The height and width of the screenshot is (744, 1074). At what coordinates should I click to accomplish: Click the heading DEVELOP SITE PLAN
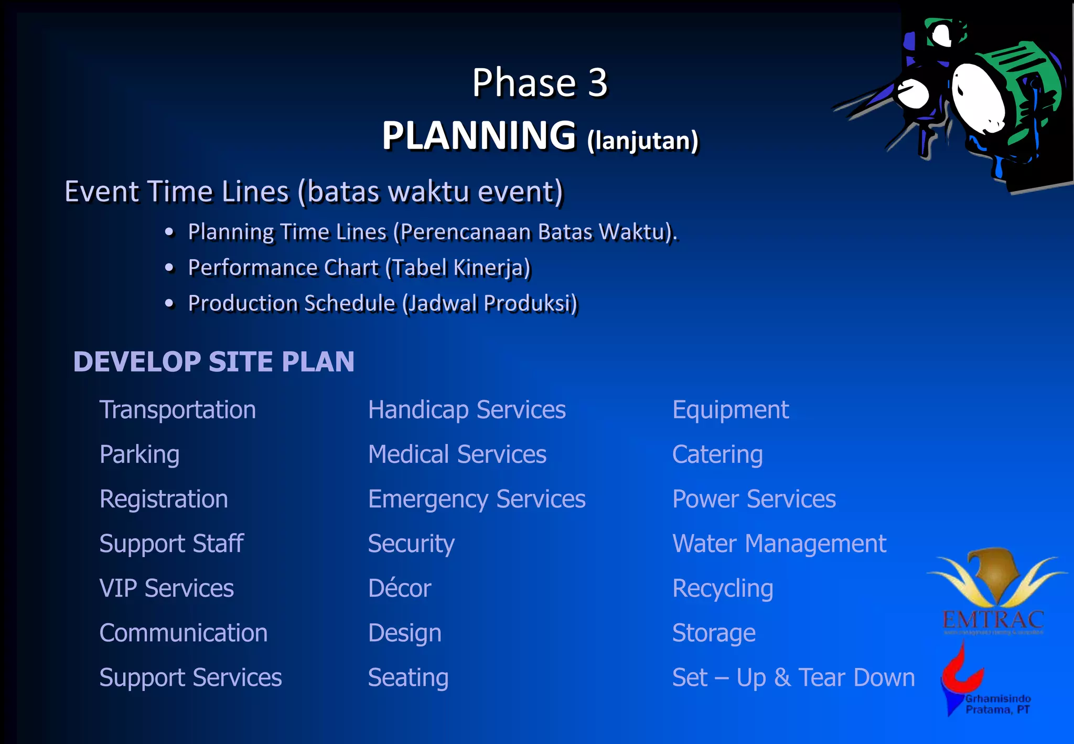point(213,362)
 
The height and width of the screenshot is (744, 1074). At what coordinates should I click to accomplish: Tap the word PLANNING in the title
point(479,135)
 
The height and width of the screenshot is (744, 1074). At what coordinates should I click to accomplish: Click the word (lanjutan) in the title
point(643,141)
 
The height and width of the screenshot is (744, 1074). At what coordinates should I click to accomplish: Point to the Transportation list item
point(178,410)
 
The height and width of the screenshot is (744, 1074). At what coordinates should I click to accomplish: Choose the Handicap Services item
point(467,410)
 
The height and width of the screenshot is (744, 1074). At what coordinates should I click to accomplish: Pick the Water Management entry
point(779,544)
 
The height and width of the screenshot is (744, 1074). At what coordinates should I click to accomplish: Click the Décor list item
point(400,588)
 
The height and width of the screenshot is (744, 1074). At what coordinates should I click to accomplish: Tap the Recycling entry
point(723,588)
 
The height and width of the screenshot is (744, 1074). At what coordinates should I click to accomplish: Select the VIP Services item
point(167,588)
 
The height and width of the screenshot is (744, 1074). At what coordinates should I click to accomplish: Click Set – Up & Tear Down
point(793,677)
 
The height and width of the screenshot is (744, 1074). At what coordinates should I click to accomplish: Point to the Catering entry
point(717,454)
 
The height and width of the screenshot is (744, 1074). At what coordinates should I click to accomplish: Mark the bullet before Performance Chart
point(169,268)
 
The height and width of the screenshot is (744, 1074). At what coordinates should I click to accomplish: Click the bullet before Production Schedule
point(169,303)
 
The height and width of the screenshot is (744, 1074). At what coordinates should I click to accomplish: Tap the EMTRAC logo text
point(993,620)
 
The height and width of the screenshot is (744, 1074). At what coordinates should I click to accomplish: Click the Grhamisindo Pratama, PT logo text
point(998,704)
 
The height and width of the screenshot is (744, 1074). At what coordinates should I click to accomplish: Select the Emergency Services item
point(477,499)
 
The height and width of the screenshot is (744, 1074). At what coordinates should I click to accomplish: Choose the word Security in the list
point(411,544)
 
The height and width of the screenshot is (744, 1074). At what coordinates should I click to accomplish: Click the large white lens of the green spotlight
point(979,97)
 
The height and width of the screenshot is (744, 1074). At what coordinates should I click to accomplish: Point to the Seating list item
point(408,677)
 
